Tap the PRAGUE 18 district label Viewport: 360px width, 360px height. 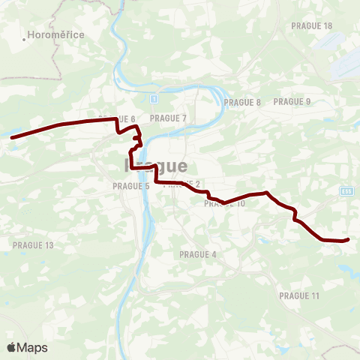click(x=311, y=25)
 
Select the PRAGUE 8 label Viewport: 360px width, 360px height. click(x=242, y=103)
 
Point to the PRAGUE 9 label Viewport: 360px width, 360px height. click(x=292, y=101)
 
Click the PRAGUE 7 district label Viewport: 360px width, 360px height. click(x=168, y=118)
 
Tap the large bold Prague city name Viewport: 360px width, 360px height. click(x=154, y=165)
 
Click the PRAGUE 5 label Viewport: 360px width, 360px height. click(x=131, y=186)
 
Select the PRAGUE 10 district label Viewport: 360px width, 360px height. click(x=225, y=203)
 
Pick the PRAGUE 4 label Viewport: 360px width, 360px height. click(x=198, y=254)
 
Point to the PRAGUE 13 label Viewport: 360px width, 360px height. click(x=34, y=245)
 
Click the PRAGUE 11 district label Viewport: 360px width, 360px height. click(x=299, y=296)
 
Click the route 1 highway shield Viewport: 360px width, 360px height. click(x=154, y=98)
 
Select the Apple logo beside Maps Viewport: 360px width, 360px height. click(x=11, y=347)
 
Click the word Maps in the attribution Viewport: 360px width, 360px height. click(x=32, y=348)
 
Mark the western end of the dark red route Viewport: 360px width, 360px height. click(x=11, y=136)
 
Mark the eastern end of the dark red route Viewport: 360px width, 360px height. click(x=349, y=240)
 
